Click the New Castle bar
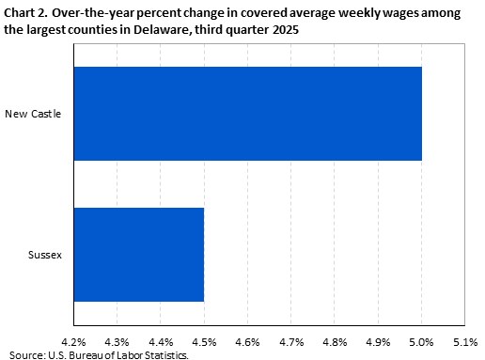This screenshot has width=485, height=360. click(247, 114)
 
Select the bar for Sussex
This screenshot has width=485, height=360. click(138, 254)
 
